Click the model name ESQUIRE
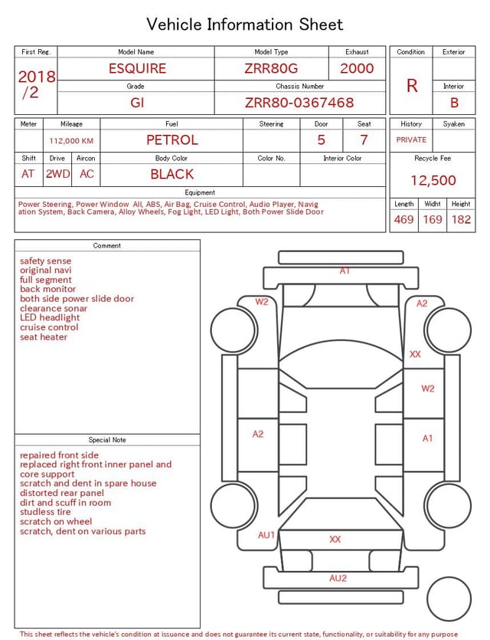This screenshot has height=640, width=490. click(137, 68)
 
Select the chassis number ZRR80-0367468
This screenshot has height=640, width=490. click(299, 103)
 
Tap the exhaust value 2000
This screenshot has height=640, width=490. click(357, 68)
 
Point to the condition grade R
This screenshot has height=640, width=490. click(412, 86)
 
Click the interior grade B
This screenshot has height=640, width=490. click(454, 103)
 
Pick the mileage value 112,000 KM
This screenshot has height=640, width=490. click(71, 141)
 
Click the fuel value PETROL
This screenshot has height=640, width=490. click(172, 140)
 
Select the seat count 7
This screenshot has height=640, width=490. click(364, 140)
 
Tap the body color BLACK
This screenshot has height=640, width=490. click(172, 174)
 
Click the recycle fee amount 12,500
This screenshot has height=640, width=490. click(433, 181)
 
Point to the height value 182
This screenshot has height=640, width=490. click(461, 220)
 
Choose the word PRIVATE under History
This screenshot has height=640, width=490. click(411, 140)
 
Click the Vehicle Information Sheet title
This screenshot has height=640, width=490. click(245, 25)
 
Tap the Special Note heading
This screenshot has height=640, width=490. click(107, 440)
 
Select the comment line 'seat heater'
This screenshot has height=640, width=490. click(44, 337)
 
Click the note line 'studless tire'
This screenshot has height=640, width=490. click(46, 512)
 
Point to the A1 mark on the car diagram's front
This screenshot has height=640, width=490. click(345, 271)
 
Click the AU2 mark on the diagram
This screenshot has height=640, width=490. click(338, 579)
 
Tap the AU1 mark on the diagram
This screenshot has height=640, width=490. click(266, 535)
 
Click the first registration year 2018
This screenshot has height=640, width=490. click(37, 77)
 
